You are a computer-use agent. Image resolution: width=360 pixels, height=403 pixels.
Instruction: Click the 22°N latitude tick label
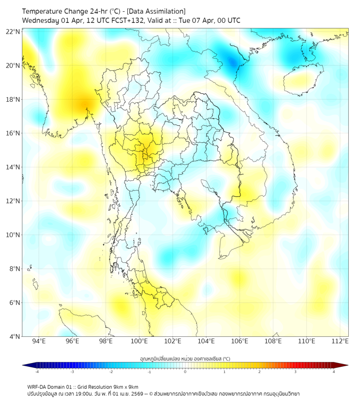[13, 32]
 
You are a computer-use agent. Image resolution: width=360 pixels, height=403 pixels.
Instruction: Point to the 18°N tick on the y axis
[13, 100]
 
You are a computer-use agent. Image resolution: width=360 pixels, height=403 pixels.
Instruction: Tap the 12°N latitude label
[13, 201]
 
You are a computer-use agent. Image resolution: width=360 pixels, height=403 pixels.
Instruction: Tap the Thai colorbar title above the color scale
[185, 359]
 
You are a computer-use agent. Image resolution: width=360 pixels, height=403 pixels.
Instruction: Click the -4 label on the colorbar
[37, 372]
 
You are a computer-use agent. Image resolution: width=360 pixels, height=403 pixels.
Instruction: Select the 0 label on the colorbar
[185, 372]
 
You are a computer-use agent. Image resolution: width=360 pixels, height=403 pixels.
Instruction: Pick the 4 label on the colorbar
[334, 372]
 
